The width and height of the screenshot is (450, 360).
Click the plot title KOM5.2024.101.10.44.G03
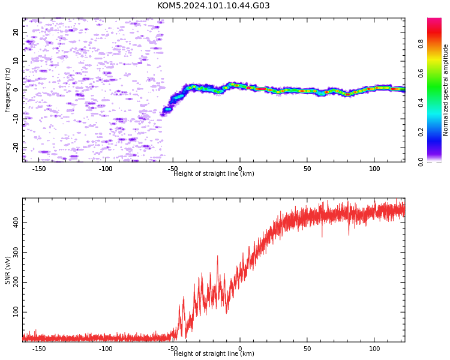pyautogui.click(x=213, y=5)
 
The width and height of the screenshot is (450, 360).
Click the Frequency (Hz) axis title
pyautogui.click(x=7, y=90)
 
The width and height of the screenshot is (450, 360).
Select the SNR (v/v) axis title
pyautogui.click(x=7, y=270)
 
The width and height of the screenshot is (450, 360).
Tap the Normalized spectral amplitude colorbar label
pyautogui.click(x=445, y=90)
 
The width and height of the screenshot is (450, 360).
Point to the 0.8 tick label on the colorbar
pyautogui.click(x=421, y=44)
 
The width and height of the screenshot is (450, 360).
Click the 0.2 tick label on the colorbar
pyautogui.click(x=421, y=132)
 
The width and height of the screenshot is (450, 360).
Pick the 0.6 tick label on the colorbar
pyautogui.click(x=421, y=73)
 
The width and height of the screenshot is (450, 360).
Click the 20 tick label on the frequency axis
pyautogui.click(x=16, y=32)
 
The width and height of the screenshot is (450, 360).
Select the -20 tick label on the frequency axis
pyautogui.click(x=16, y=148)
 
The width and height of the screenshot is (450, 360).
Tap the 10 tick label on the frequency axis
pyautogui.click(x=16, y=61)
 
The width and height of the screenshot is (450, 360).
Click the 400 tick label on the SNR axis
pyautogui.click(x=16, y=222)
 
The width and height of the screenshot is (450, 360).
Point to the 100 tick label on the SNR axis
pyautogui.click(x=16, y=312)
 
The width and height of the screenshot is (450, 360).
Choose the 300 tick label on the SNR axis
pyautogui.click(x=16, y=252)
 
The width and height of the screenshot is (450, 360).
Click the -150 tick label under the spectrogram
pyautogui.click(x=39, y=169)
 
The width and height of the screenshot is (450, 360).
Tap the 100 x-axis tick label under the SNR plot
pyautogui.click(x=374, y=349)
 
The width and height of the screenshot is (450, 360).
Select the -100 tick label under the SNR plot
pyautogui.click(x=106, y=349)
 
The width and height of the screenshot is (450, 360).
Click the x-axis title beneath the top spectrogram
pyautogui.click(x=214, y=173)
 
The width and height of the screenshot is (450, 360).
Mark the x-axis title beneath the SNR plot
pyautogui.click(x=214, y=353)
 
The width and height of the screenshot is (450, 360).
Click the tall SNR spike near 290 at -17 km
pyautogui.click(x=217, y=256)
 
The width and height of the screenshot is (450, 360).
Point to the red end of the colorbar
pyautogui.click(x=434, y=22)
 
